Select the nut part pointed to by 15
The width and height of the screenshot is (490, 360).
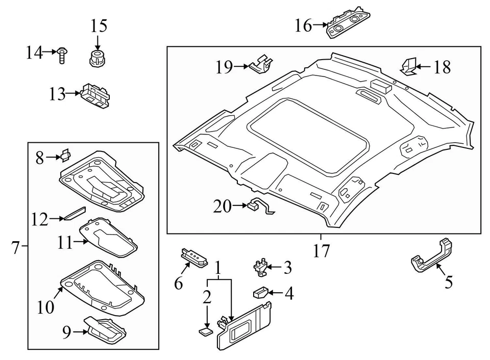[x=96, y=58]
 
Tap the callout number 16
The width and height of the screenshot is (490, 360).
[x=303, y=25]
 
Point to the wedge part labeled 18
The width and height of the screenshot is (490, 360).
[x=407, y=66]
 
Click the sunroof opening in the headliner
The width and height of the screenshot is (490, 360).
[x=308, y=134]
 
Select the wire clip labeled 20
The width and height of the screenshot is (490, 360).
[x=259, y=207]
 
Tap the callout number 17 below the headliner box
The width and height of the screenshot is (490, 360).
[x=322, y=250]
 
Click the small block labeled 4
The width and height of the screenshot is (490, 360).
[x=260, y=293]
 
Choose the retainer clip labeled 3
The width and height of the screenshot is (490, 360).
[x=262, y=266]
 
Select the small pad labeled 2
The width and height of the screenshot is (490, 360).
[x=206, y=332]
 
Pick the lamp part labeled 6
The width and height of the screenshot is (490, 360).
[x=194, y=257]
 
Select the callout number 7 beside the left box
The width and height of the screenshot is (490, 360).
[x=15, y=248]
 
